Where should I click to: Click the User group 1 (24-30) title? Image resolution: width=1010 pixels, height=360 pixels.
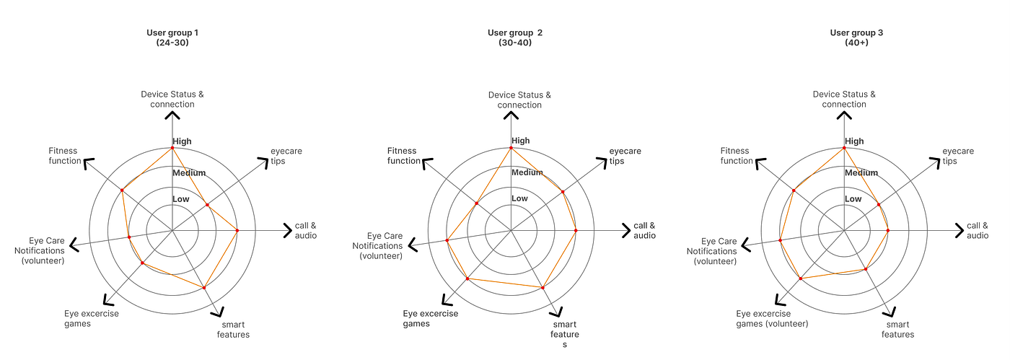point(172,38)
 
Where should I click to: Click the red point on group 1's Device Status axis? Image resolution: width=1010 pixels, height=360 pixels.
point(172,148)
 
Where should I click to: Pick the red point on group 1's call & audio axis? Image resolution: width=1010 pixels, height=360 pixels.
point(237,231)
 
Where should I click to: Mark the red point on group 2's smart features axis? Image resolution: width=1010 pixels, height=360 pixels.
point(543,288)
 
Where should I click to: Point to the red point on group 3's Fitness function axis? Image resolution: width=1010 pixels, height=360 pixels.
point(794,190)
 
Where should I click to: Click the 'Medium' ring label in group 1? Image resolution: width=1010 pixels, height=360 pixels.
point(189,173)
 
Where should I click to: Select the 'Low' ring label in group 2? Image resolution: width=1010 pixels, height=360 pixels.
point(519,198)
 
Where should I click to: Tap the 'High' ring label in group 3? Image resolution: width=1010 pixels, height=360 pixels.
point(853,141)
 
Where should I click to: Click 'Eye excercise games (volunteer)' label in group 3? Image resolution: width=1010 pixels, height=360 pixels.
point(772,319)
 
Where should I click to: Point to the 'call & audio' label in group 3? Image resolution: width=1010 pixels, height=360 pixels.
point(978,231)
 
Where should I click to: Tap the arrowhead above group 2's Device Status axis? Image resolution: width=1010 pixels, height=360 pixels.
point(511,115)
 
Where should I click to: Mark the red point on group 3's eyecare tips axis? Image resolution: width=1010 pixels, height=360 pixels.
point(879,205)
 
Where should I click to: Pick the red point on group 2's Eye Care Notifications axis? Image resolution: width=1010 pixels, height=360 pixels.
point(447,240)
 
